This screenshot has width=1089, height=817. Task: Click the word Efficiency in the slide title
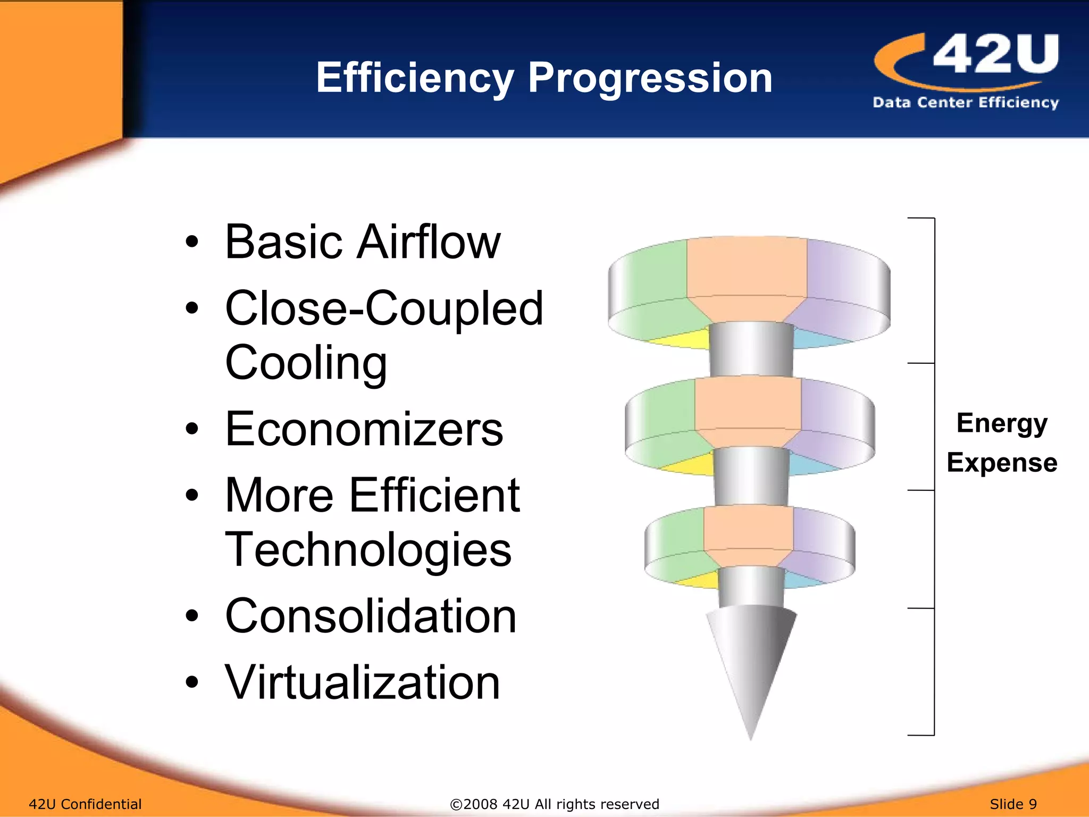coord(414,78)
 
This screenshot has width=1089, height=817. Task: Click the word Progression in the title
coord(649,78)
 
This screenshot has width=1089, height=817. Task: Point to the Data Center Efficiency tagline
coord(965,102)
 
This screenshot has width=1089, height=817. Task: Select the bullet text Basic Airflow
coord(362,242)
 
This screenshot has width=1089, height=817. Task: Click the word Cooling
coord(306,363)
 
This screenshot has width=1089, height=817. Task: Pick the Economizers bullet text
coord(364,429)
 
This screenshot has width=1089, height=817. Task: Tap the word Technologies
coord(368,550)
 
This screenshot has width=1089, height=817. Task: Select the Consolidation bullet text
coord(370,616)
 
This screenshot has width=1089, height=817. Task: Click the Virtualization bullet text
coord(362,682)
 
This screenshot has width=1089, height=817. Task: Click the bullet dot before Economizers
coord(192,429)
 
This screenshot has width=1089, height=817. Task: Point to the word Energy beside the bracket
coord(1002,423)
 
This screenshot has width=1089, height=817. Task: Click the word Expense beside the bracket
coord(1002,462)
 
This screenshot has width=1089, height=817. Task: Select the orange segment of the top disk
coord(747,271)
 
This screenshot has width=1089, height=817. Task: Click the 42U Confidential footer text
coord(85,804)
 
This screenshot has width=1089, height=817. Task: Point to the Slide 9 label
coord(1013,804)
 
